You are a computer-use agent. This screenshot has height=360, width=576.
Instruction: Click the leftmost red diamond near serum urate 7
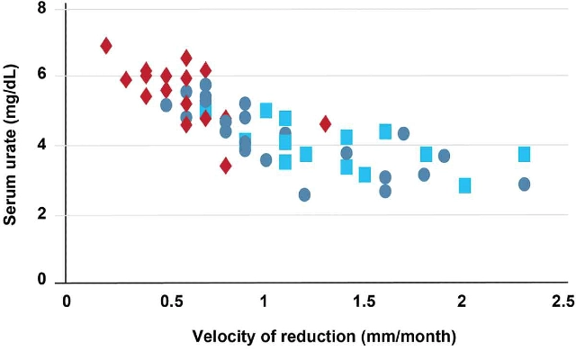[x=106, y=45]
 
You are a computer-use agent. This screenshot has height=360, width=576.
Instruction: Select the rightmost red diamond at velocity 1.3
[x=325, y=123]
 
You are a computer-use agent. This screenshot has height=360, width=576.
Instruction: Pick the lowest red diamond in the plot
[x=226, y=165]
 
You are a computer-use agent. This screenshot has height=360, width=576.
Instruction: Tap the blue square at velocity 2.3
[x=524, y=154]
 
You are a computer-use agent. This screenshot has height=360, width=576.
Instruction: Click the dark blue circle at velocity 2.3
[x=524, y=184]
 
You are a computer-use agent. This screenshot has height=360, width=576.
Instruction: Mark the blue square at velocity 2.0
[x=464, y=185]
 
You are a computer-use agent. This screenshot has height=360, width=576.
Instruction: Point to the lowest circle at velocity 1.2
[x=305, y=194]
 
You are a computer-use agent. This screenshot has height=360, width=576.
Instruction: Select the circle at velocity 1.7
[x=403, y=133]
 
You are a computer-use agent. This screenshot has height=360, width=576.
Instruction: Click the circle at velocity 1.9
[x=444, y=156]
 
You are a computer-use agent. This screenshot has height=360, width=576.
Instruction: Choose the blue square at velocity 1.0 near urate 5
[x=265, y=110]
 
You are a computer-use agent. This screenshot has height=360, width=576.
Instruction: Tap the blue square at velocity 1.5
[x=364, y=175]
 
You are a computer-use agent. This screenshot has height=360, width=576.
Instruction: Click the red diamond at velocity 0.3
[x=126, y=79]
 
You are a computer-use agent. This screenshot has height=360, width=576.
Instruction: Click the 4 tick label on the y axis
[x=42, y=145]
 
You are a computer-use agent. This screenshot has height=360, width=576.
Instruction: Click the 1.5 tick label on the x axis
[x=364, y=301]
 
